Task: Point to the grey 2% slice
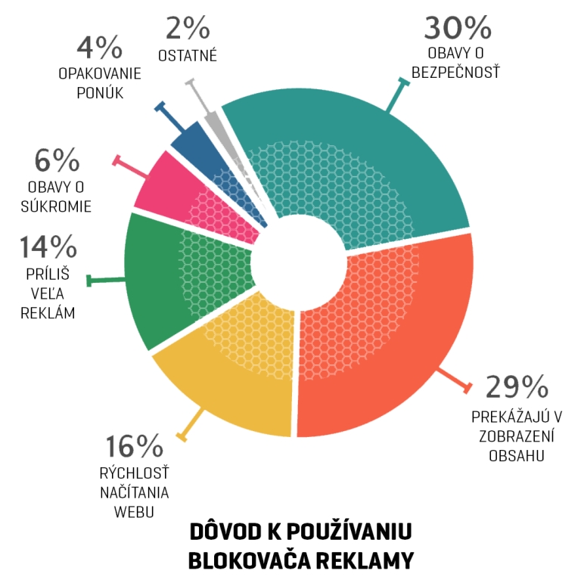tap(215, 124)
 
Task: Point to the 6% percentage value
tap(57, 160)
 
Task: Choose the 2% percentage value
tap(187, 29)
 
